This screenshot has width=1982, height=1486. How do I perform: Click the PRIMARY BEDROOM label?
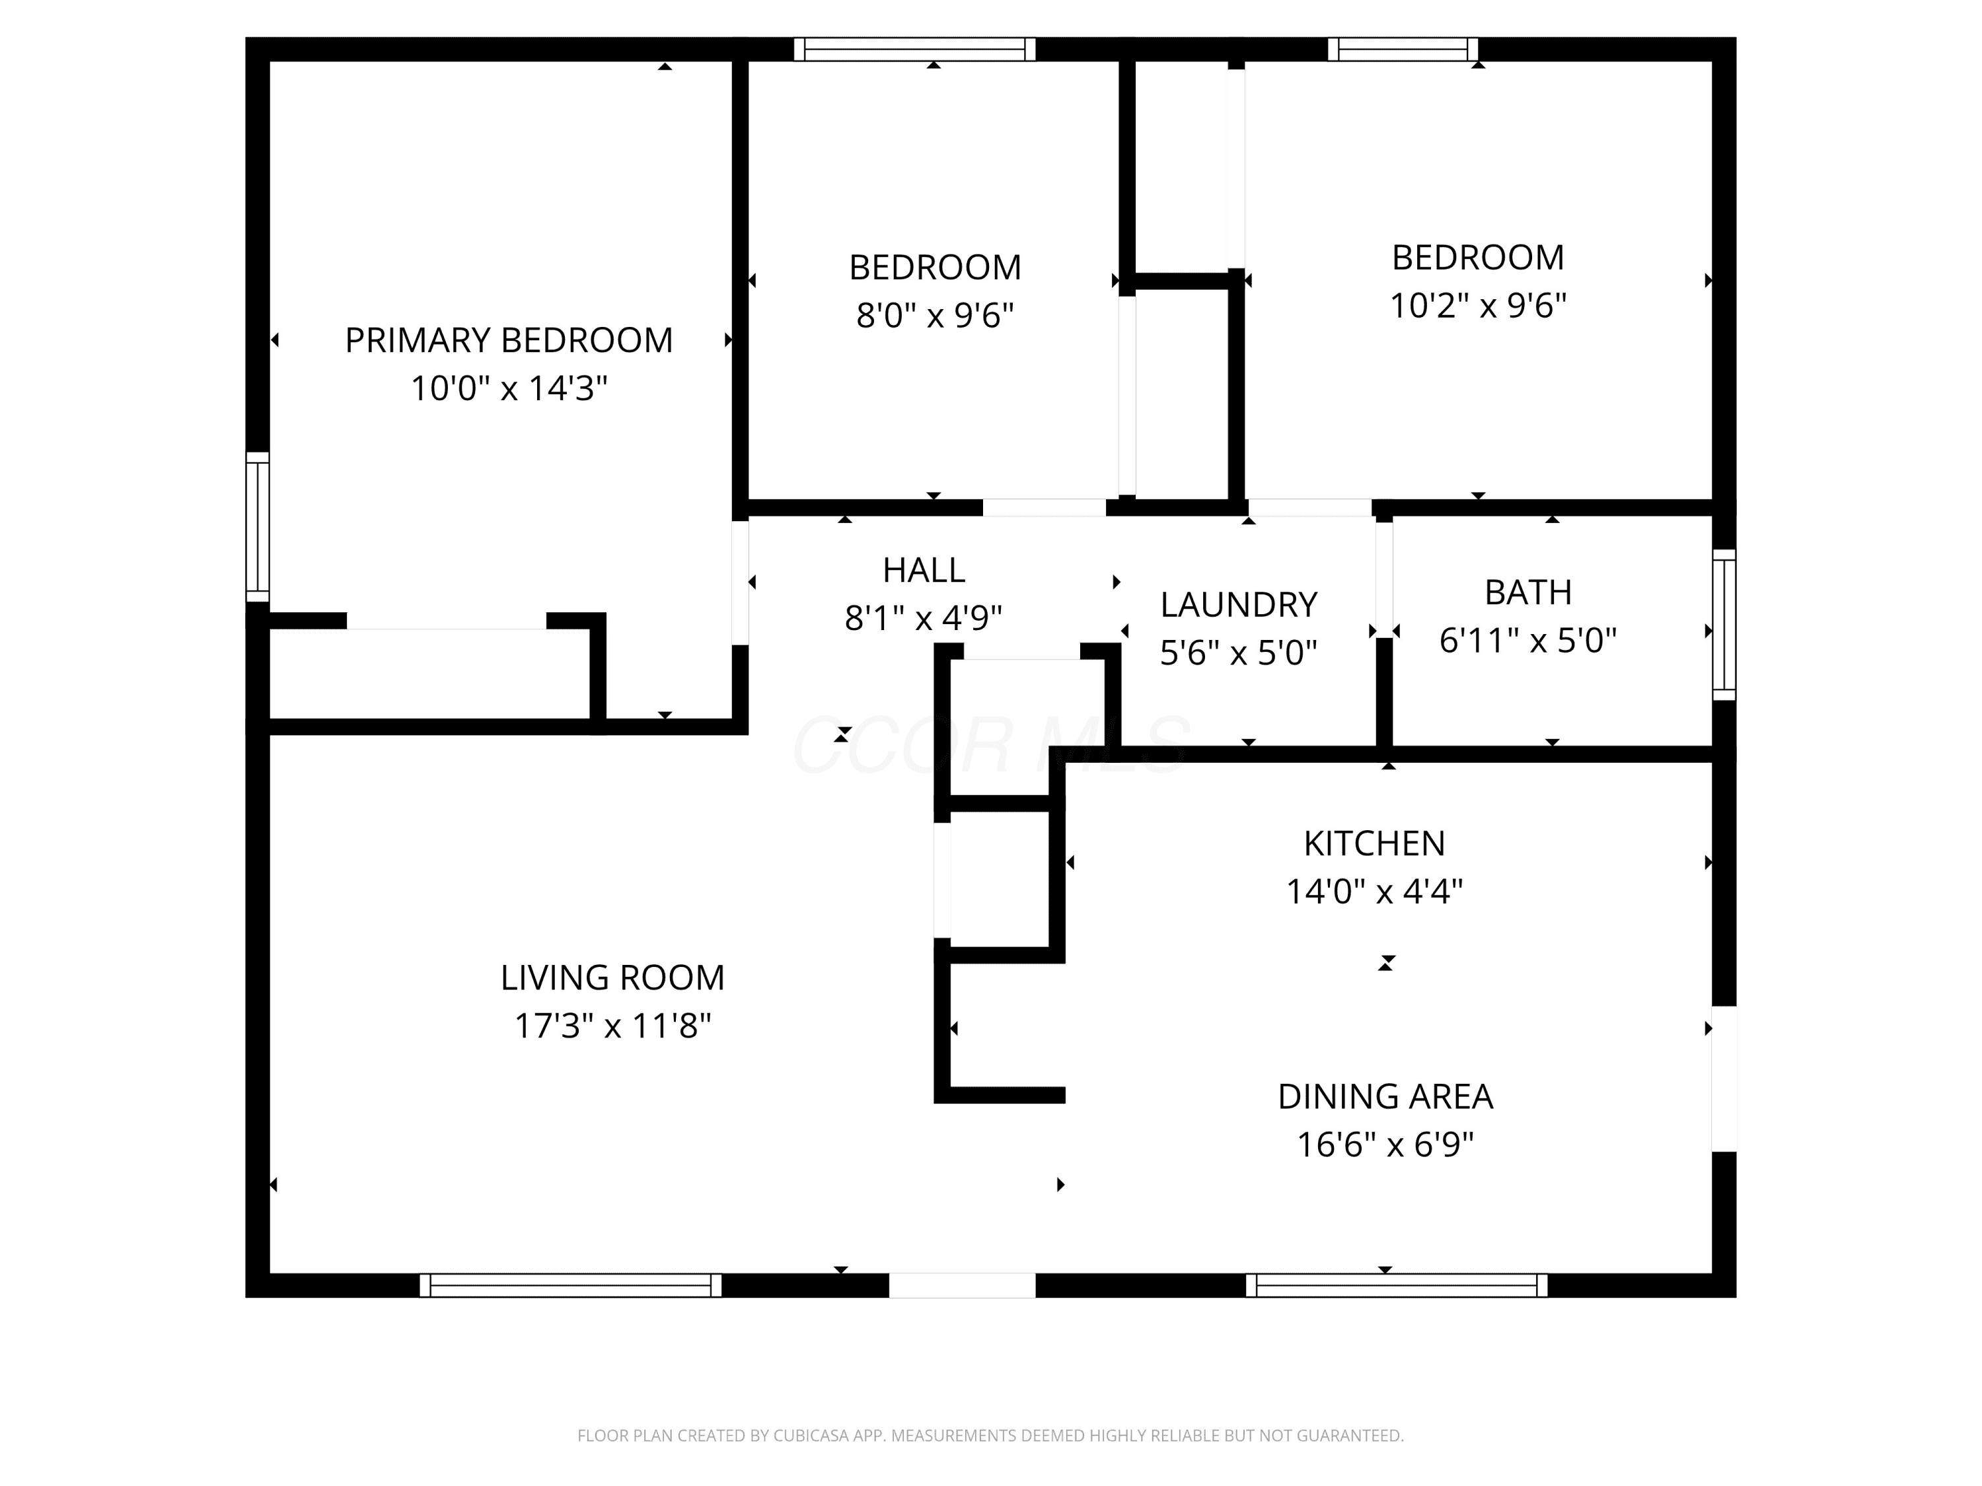coord(509,340)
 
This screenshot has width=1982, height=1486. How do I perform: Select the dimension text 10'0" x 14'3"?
coord(509,389)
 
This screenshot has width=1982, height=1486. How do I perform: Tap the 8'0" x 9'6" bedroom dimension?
coord(935,315)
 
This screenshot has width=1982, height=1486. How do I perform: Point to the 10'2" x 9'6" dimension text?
coord(1477,305)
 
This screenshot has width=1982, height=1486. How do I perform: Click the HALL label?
coord(924,570)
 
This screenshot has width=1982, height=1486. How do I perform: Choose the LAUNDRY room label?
coord(1238,604)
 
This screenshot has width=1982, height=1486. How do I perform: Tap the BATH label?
coord(1527,592)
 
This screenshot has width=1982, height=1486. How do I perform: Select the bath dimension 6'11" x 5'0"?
coord(1527,641)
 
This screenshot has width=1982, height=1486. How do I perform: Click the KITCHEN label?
coord(1374,843)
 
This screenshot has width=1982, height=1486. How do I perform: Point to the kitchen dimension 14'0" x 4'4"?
coord(1374,891)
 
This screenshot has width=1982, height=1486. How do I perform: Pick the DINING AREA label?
coord(1385,1096)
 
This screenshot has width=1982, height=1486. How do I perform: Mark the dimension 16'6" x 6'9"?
coord(1385,1145)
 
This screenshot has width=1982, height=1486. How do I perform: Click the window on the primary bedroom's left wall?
coord(257,526)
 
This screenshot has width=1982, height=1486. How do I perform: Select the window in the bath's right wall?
coord(1724,624)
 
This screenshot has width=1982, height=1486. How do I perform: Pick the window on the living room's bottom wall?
coord(571,1285)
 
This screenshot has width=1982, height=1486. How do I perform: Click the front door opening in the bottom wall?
coord(963,1285)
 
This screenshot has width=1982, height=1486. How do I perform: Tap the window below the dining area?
coord(1397,1285)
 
